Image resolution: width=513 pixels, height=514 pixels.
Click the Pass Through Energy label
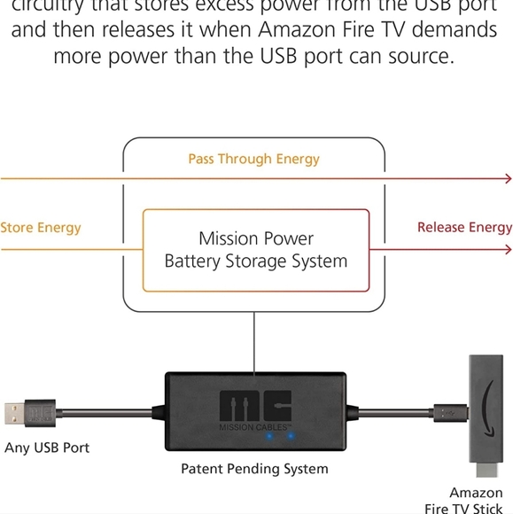[x=253, y=160]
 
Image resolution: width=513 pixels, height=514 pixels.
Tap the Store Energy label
[x=41, y=228]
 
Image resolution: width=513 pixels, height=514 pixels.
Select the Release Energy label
[x=464, y=228]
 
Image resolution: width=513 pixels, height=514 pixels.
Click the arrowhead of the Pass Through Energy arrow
[x=508, y=179]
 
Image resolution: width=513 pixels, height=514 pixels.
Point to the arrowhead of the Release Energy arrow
[x=508, y=250]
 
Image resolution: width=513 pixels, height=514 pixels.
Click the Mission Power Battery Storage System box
[x=255, y=250]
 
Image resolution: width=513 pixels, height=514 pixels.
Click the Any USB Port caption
[x=47, y=448]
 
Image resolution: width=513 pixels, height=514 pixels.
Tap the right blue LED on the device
[x=290, y=436]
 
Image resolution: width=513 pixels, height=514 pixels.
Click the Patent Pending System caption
[x=254, y=469]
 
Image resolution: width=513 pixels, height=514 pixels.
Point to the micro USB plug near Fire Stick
[x=447, y=411]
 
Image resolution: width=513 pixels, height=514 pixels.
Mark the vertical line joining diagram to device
[x=254, y=342]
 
